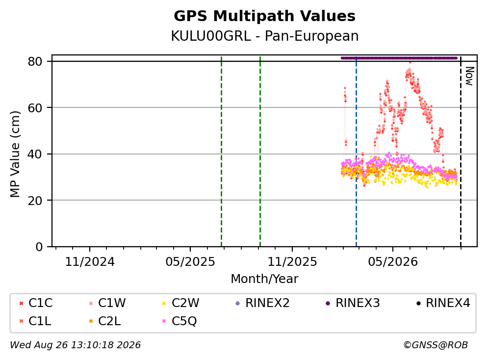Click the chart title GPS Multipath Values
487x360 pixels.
[x=264, y=16]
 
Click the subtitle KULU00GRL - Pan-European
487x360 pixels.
[x=265, y=36]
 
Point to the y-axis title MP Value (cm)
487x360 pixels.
[x=15, y=154]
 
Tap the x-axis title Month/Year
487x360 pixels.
[x=264, y=279]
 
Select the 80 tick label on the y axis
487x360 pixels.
[x=35, y=61]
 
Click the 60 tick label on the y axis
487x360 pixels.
[x=35, y=108]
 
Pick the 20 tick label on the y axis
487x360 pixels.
[x=35, y=200]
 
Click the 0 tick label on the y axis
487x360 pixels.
[x=39, y=247]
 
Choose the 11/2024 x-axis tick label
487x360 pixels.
[x=90, y=261]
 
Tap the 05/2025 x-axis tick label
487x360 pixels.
[x=190, y=261]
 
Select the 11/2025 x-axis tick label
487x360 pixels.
[x=292, y=261]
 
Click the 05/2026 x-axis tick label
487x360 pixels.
[x=393, y=261]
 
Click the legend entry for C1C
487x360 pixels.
[x=36, y=303]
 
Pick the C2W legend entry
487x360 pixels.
[x=181, y=303]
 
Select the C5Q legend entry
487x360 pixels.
[x=179, y=321]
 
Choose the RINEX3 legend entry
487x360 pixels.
[x=353, y=303]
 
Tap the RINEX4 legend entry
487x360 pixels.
[x=443, y=303]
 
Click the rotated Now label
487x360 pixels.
[x=470, y=76]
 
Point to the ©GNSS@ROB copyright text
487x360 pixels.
[x=436, y=345]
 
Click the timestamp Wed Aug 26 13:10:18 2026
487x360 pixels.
[x=75, y=345]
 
